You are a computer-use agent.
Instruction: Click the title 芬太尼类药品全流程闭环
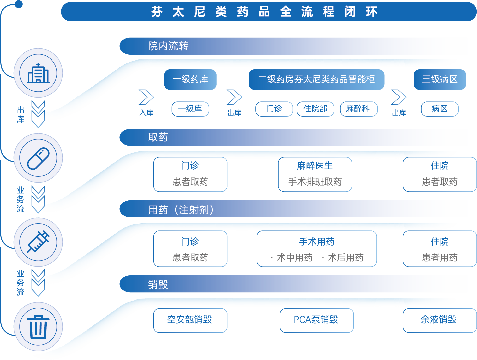tap(264, 12)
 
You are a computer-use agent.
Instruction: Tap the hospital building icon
tap(38, 73)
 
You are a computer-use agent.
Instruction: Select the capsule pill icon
tap(38, 158)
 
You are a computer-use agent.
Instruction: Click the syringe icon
tap(38, 242)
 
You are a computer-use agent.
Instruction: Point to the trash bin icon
tap(38, 327)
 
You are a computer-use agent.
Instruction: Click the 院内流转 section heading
tap(168, 46)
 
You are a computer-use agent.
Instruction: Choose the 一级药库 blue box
tap(190, 79)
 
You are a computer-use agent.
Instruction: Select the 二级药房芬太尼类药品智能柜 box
tap(316, 79)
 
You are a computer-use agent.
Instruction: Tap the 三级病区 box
tap(440, 79)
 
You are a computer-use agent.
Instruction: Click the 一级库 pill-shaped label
tap(190, 109)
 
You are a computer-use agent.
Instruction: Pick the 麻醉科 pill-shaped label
tap(358, 109)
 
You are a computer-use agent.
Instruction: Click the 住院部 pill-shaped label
tap(315, 109)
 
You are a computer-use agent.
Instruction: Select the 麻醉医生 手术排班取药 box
tap(315, 174)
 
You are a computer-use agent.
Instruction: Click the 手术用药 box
tap(317, 249)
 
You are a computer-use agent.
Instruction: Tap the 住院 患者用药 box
tap(440, 249)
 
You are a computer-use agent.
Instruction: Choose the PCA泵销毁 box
tap(316, 320)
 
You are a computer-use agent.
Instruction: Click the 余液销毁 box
tap(439, 320)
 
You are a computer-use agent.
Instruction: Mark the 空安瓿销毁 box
tap(190, 320)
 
